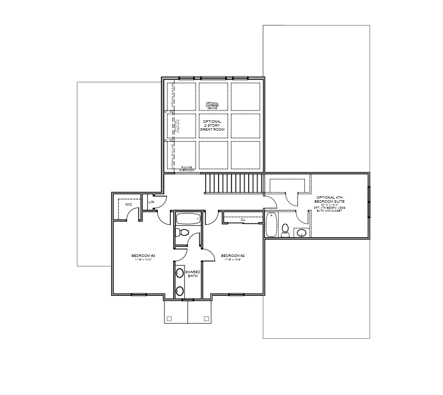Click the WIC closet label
point(128,204)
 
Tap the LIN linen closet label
point(151,202)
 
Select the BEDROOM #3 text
point(144,256)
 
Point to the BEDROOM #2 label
point(233,256)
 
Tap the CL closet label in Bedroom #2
point(243,219)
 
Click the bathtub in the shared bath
point(188,218)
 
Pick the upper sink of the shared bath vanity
point(180,273)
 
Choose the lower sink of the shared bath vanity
point(180,290)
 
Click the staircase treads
point(234,183)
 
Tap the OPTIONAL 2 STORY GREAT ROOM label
point(212,125)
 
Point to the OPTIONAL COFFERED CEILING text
point(212,105)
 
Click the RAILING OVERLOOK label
point(187,169)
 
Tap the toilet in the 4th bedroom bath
point(285,230)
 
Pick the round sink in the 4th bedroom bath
point(301,232)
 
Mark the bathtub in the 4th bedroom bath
point(270,224)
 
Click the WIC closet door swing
point(132,214)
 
